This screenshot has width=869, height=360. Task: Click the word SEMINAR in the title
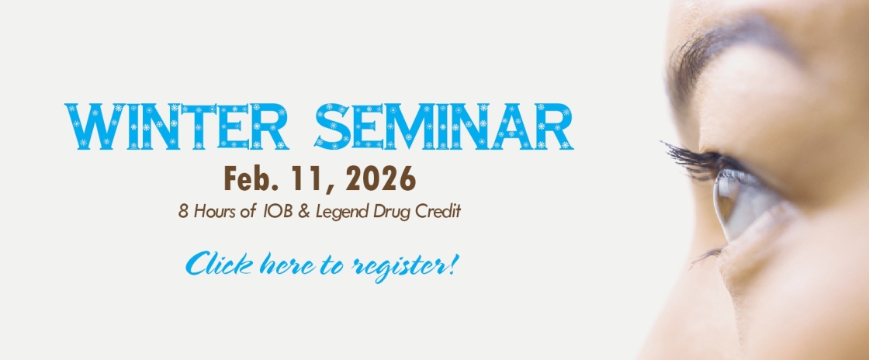click(x=444, y=126)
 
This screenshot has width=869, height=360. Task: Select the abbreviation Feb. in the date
click(x=249, y=179)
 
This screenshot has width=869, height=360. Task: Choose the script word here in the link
click(x=293, y=264)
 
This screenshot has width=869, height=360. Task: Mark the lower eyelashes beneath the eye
click(x=710, y=254)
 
